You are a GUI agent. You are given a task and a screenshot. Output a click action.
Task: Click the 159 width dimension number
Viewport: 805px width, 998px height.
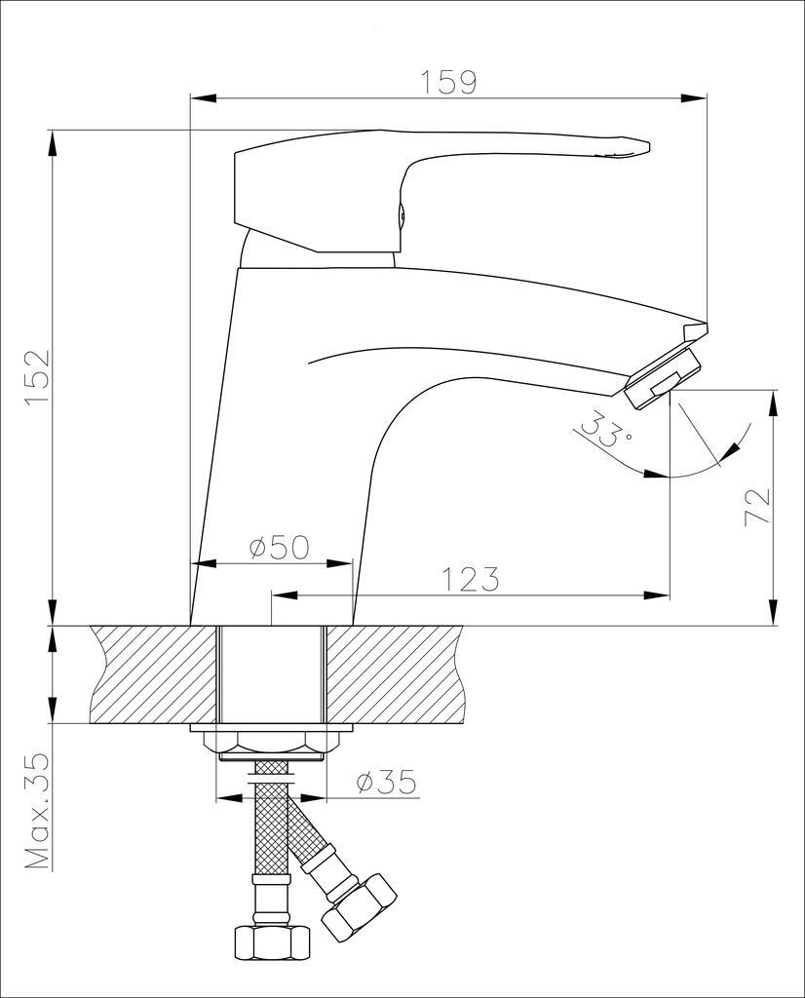click(x=448, y=82)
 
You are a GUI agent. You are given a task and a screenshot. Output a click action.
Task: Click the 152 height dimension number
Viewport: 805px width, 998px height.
click(x=37, y=377)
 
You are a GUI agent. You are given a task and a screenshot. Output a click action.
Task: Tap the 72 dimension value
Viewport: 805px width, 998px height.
click(x=757, y=507)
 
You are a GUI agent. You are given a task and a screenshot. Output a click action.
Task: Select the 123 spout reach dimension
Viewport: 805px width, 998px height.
click(x=471, y=579)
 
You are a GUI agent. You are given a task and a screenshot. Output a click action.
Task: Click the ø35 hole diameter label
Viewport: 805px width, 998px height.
click(x=386, y=781)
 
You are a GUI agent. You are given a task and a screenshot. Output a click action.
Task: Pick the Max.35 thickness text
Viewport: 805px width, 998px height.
click(x=37, y=812)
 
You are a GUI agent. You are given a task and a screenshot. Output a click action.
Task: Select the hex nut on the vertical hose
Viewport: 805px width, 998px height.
click(x=272, y=942)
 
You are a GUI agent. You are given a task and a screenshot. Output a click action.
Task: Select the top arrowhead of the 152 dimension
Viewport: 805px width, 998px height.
click(x=51, y=141)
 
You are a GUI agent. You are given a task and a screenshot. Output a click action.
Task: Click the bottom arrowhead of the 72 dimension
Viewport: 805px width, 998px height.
click(x=773, y=613)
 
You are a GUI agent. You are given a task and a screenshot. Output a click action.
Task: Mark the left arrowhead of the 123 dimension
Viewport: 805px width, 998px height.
click(x=283, y=595)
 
